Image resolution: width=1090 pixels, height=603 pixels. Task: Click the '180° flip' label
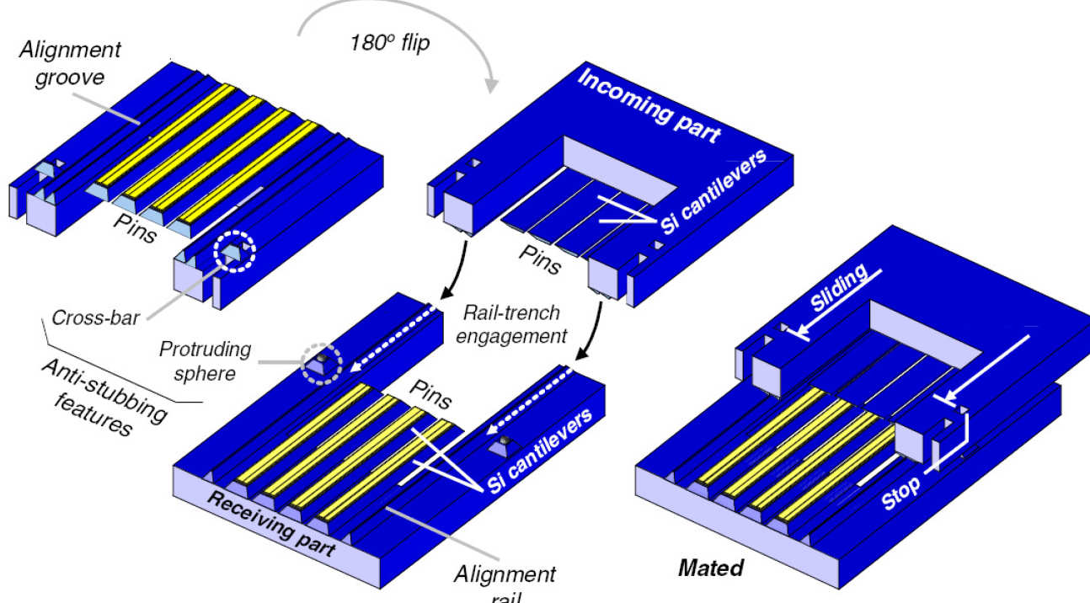389,42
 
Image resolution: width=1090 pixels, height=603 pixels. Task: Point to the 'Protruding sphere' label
200,360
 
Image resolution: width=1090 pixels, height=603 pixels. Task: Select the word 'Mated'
711,568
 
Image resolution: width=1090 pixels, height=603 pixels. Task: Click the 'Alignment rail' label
505,581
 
